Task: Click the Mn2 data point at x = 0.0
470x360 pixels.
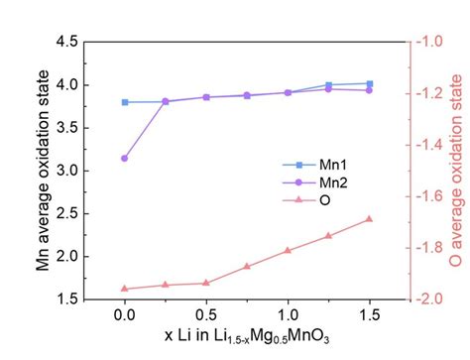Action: click(124, 158)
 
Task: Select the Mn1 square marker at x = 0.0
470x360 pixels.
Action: click(124, 102)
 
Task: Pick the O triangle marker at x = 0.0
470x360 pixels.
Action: click(124, 289)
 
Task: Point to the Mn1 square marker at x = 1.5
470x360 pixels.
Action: click(369, 83)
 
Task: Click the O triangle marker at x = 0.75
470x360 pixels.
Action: click(247, 266)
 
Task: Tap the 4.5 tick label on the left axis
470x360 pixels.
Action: click(65, 43)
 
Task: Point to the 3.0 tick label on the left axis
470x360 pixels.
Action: click(65, 171)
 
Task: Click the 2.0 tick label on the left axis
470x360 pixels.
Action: click(65, 256)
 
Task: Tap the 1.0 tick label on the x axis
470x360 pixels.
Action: click(288, 314)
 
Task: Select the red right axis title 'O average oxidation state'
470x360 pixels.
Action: click(458, 170)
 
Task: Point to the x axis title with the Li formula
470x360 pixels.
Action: click(247, 339)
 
